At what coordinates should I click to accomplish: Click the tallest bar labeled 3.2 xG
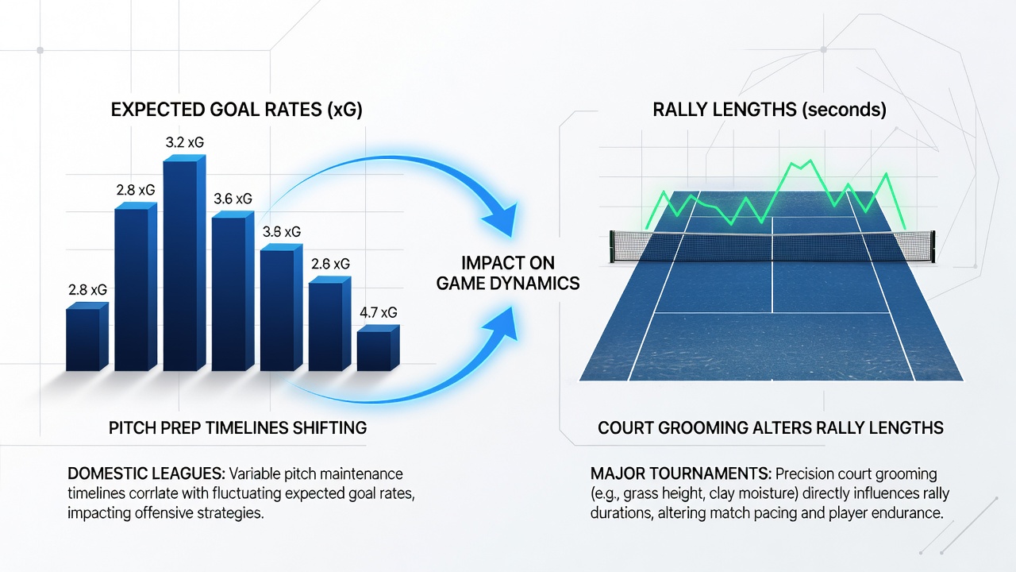point(184,263)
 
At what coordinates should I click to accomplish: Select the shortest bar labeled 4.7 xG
point(379,348)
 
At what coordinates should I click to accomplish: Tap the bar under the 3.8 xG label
point(281,307)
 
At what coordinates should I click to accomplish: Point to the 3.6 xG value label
point(233,199)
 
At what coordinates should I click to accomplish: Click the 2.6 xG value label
point(330,264)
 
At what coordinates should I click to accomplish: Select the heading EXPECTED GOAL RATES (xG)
point(237,110)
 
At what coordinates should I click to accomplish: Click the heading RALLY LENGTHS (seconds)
point(769,110)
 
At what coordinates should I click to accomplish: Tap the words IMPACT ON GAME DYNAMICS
point(508,273)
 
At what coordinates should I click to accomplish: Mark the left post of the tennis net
point(612,246)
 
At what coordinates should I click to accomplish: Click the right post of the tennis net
point(932,246)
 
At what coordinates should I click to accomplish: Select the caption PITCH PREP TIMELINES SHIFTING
point(237,428)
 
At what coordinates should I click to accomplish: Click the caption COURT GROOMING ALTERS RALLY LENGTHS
point(771,428)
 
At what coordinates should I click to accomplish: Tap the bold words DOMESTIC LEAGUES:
point(146,474)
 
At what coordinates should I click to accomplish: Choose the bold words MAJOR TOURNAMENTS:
point(681,474)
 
